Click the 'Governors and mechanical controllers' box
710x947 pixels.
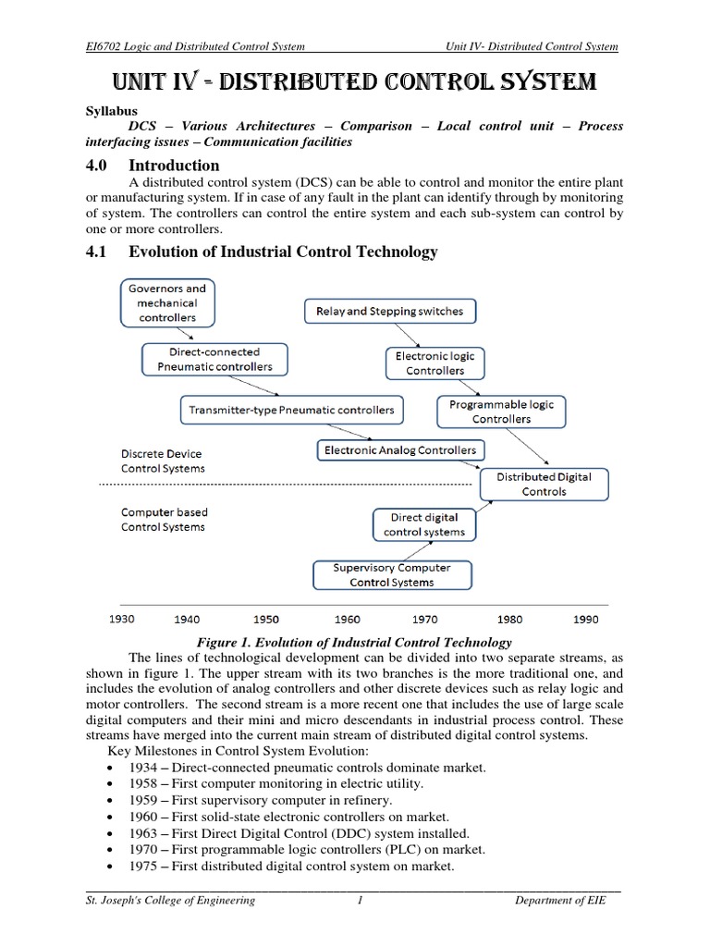(168, 303)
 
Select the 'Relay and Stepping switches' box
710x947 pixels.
(390, 312)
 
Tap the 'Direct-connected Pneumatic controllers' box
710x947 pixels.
(214, 360)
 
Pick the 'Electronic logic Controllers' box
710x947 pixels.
(435, 363)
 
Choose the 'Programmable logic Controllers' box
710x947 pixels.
(502, 412)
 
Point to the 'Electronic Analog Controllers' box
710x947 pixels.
(399, 451)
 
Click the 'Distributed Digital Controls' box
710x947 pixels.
(544, 484)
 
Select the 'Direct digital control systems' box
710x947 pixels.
(424, 524)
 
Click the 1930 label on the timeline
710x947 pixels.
(121, 620)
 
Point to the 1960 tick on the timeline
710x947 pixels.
(347, 620)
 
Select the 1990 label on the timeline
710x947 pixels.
(585, 620)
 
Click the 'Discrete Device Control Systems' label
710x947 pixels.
(163, 461)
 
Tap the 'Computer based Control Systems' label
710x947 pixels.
(165, 520)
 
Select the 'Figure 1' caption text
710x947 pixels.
(355, 642)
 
